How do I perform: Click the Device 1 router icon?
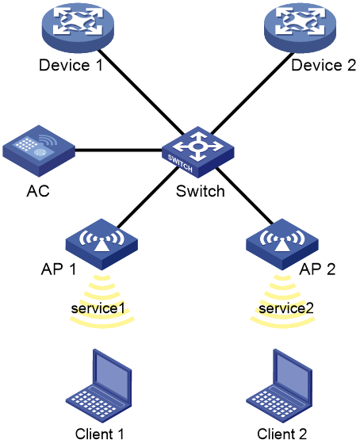click(78, 28)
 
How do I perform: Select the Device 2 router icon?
click(300, 28)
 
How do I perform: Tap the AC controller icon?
click(39, 151)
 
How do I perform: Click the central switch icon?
click(198, 152)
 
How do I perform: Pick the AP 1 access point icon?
click(101, 244)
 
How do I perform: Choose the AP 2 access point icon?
click(282, 244)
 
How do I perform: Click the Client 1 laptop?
click(99, 386)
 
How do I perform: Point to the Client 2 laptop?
click(279, 386)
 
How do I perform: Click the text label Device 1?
click(71, 65)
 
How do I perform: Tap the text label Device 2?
click(324, 65)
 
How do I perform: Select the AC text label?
click(38, 191)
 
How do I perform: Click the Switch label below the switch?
click(201, 191)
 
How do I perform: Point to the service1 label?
click(98, 308)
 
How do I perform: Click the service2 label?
click(286, 308)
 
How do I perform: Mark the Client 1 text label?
click(100, 434)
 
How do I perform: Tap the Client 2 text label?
click(281, 434)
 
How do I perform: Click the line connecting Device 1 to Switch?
click(141, 93)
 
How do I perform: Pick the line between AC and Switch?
click(119, 150)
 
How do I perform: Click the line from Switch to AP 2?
click(244, 196)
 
